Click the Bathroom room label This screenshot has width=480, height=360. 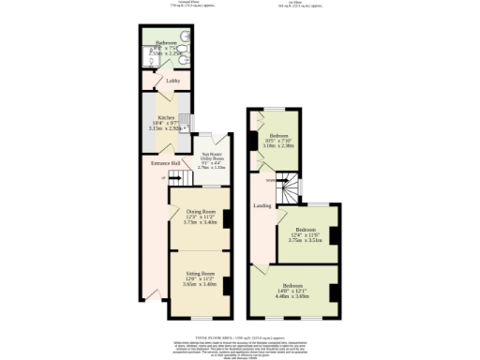[167, 43]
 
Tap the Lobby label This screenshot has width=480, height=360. [172, 82]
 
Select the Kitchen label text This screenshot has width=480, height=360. [167, 118]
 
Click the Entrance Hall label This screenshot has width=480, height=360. [154, 163]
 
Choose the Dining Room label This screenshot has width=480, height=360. [200, 212]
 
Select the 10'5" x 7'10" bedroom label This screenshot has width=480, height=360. [278, 136]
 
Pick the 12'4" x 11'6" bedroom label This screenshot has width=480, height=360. [306, 230]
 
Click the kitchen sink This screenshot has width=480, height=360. [185, 122]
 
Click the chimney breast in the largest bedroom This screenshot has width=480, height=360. [334, 292]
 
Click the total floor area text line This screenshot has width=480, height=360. [240, 335]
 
